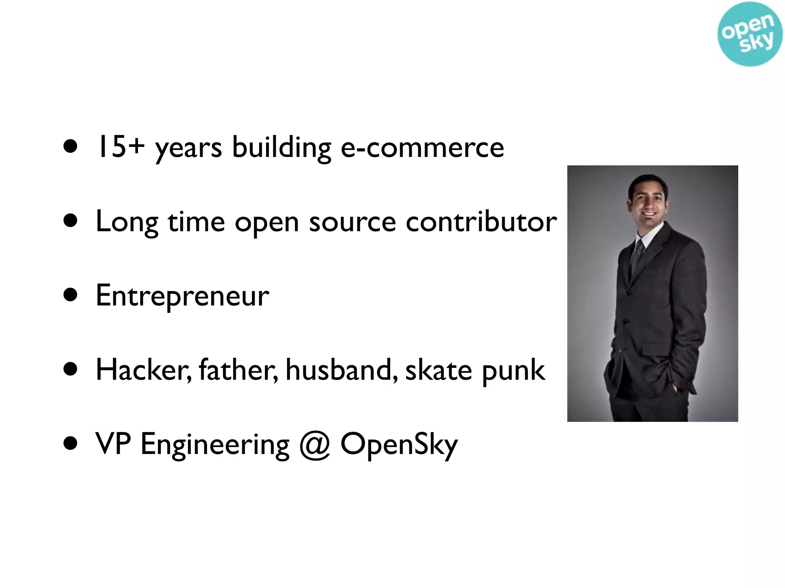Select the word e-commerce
[422, 148]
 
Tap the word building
[281, 148]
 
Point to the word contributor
[481, 222]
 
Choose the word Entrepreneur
[182, 296]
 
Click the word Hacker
[143, 370]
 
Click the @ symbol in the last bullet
[315, 445]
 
